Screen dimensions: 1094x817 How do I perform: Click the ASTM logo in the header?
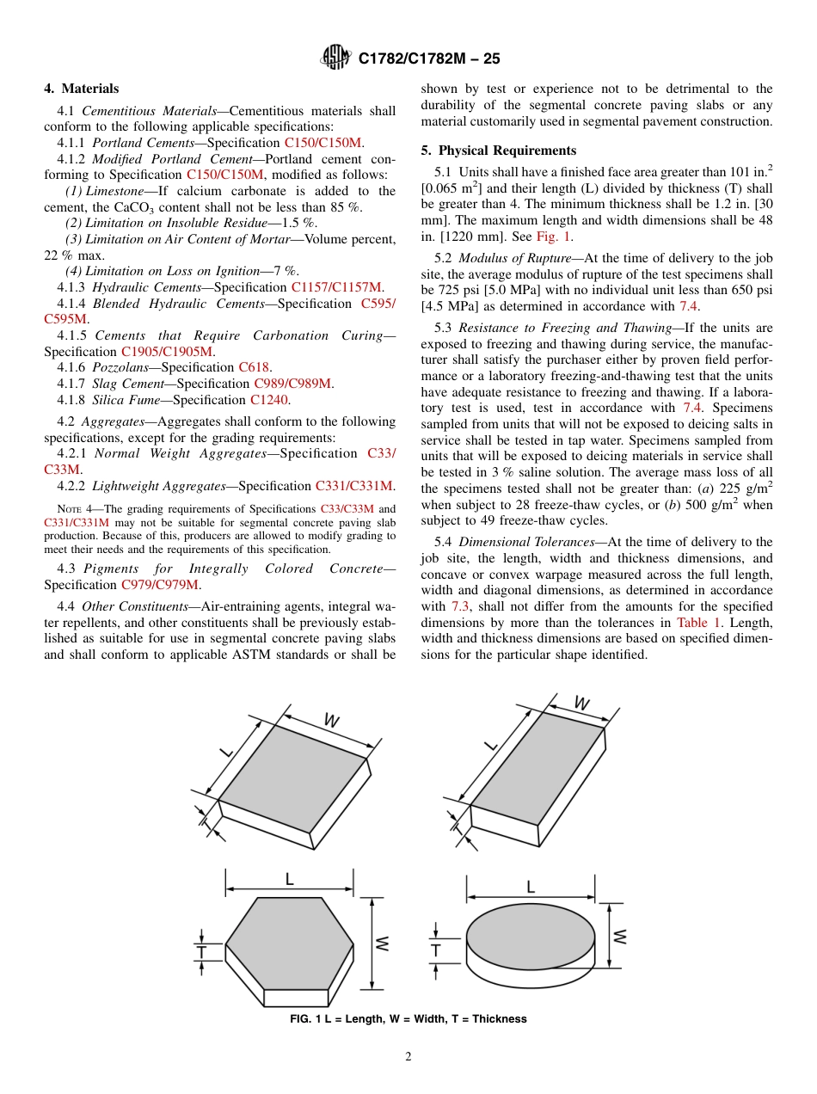pyautogui.click(x=335, y=58)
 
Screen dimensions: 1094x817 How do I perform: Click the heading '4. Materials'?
pyautogui.click(x=82, y=89)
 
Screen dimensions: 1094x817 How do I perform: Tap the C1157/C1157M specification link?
pyautogui.click(x=337, y=287)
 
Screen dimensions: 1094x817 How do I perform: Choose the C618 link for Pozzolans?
pyautogui.click(x=254, y=367)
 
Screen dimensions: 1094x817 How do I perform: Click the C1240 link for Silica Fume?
pyautogui.click(x=269, y=400)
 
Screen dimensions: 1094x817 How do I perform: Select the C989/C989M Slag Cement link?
pyautogui.click(x=293, y=384)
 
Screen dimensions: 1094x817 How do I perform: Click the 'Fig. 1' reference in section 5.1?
pyautogui.click(x=554, y=237)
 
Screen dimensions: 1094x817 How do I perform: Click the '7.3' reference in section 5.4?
pyautogui.click(x=461, y=606)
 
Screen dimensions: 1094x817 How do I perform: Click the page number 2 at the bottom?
pyautogui.click(x=408, y=1057)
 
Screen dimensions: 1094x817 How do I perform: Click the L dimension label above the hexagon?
pyautogui.click(x=289, y=879)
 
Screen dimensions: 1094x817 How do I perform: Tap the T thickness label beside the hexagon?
pyautogui.click(x=200, y=951)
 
